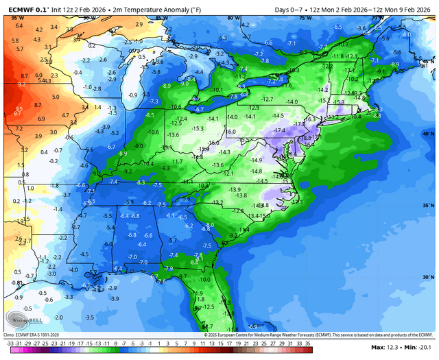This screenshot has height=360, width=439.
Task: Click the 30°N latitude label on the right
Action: click(427, 277)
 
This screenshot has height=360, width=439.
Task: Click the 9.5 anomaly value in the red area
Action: click(19, 108)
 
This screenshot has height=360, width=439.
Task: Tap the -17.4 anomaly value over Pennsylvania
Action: click(278, 130)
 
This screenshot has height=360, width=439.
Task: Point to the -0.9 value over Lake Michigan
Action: click(132, 95)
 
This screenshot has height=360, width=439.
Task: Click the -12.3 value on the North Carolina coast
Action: click(296, 202)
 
